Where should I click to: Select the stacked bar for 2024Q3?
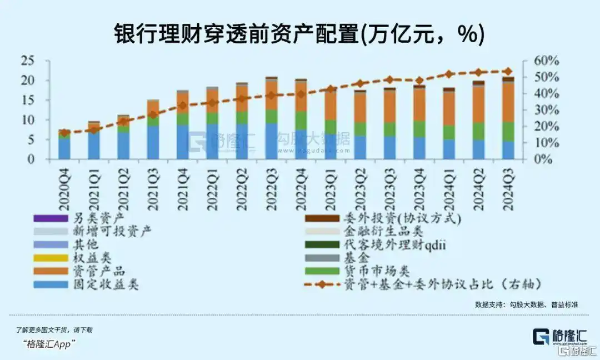point(508,119)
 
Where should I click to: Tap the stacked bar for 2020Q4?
point(64,146)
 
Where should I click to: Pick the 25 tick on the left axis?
point(27,61)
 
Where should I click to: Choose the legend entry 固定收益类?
point(106,285)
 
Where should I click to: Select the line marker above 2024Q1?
point(449,74)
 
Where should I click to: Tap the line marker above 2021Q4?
point(183,106)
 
